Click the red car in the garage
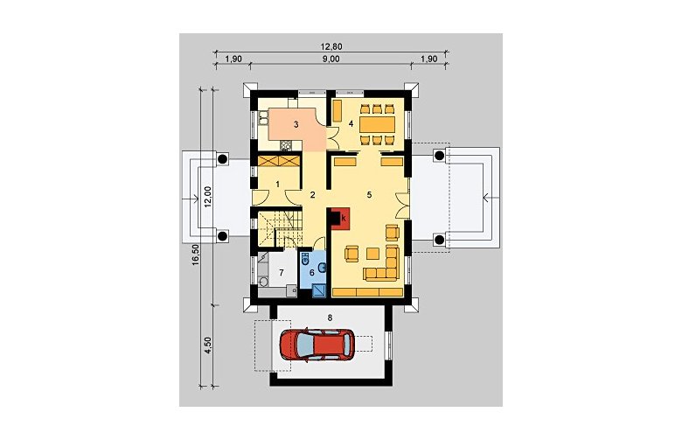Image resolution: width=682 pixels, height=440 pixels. coord(317,344)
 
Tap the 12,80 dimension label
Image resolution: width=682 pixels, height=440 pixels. coord(332,46)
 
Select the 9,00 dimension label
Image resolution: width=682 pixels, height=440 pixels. coord(331,59)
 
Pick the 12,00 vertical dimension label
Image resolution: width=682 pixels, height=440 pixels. coord(207,197)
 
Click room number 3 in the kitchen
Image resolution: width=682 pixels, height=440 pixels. coord(296,125)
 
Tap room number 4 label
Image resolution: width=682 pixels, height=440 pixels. coord(351,123)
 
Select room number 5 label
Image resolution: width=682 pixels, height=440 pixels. coord(369,194)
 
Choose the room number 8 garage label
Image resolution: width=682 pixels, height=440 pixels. coord(330,318)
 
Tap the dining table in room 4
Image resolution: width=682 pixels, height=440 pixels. coord(378,124)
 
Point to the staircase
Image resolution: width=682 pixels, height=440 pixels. coord(278,228)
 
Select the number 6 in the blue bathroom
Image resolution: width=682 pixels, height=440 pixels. coord(311,272)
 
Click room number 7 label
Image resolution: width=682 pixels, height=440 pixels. coord(282,273)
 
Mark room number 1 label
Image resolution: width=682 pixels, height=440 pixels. coord(277,184)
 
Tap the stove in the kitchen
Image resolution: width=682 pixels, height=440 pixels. coord(286,145)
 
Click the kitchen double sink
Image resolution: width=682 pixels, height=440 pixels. coord(262,116)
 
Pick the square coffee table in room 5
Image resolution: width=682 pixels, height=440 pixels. coord(372,254)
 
